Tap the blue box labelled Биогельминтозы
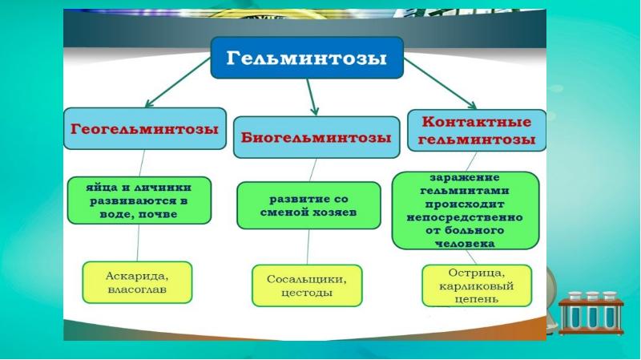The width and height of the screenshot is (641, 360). pyautogui.click(x=316, y=139)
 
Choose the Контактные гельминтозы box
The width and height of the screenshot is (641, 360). pyautogui.click(x=476, y=131)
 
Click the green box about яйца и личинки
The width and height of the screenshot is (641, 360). pyautogui.click(x=139, y=200)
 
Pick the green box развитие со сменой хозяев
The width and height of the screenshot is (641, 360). pyautogui.click(x=308, y=205)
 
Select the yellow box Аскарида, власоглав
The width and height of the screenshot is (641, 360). pyautogui.click(x=138, y=282)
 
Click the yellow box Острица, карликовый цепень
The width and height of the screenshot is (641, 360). pyautogui.click(x=474, y=286)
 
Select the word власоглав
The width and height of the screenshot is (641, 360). pyautogui.click(x=137, y=290)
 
